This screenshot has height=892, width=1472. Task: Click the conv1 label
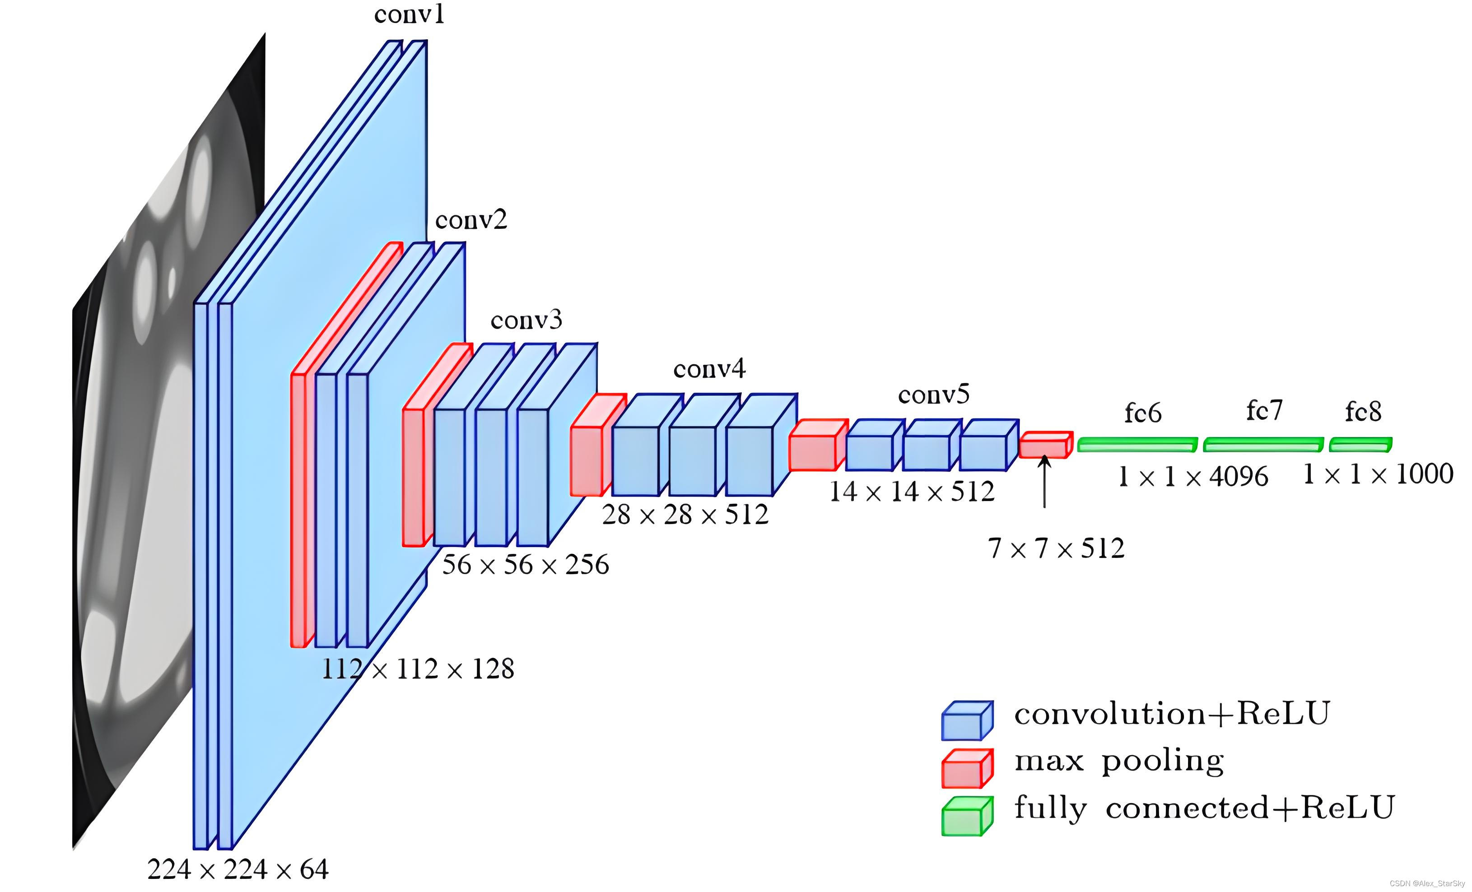(409, 14)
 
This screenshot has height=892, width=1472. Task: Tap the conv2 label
(471, 220)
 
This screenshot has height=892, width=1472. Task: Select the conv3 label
(526, 321)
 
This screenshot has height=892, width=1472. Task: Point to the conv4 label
(709, 369)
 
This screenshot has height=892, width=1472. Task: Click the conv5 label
(933, 395)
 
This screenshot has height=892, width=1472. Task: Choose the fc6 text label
(1142, 413)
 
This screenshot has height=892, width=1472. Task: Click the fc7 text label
(1264, 411)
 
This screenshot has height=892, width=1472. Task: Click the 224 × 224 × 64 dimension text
(238, 869)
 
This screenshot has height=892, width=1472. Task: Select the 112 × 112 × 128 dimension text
(418, 669)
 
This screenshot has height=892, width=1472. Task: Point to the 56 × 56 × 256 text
(525, 565)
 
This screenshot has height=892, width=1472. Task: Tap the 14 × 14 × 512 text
(912, 492)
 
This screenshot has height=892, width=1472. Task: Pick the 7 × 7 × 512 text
(1056, 548)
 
